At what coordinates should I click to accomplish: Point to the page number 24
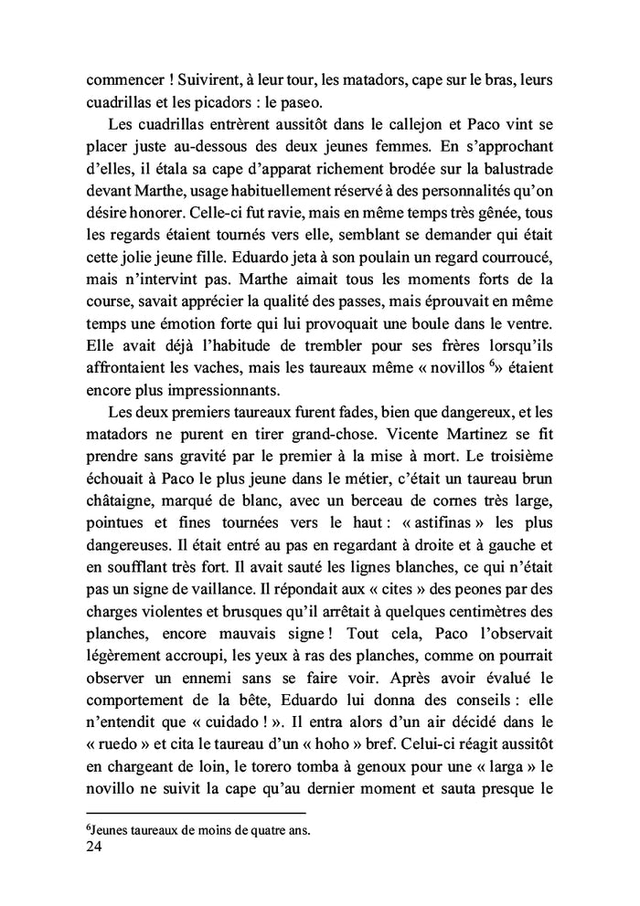tap(92, 847)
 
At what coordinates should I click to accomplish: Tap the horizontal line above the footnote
tap(194, 813)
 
